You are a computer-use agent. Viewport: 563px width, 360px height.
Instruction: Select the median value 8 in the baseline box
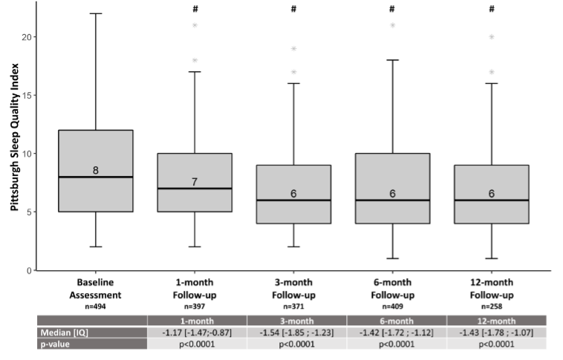(96, 171)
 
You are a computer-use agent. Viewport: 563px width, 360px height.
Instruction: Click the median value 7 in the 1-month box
(195, 182)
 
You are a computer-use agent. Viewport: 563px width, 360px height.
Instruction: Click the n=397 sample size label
(195, 305)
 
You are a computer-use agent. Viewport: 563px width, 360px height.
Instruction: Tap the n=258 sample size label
(491, 305)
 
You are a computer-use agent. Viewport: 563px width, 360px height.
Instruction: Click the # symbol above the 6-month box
(392, 9)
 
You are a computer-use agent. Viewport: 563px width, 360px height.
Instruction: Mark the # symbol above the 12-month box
(491, 9)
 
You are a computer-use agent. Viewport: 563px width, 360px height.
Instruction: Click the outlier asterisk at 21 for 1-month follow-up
(195, 26)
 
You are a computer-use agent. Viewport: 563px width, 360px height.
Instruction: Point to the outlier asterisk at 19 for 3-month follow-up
(293, 50)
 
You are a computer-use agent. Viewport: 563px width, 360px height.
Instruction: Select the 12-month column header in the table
(491, 320)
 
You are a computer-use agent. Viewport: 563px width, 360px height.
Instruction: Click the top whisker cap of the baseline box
(96, 13)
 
